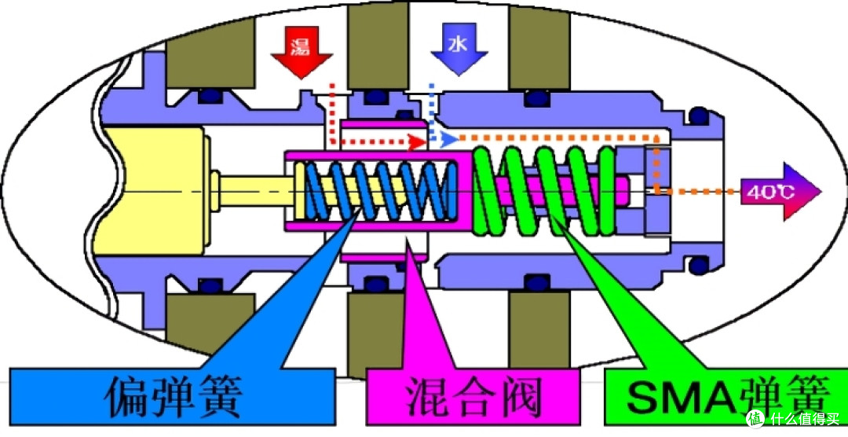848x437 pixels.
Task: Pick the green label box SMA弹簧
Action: [x=715, y=398]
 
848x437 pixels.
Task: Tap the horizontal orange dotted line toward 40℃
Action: [x=699, y=190]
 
